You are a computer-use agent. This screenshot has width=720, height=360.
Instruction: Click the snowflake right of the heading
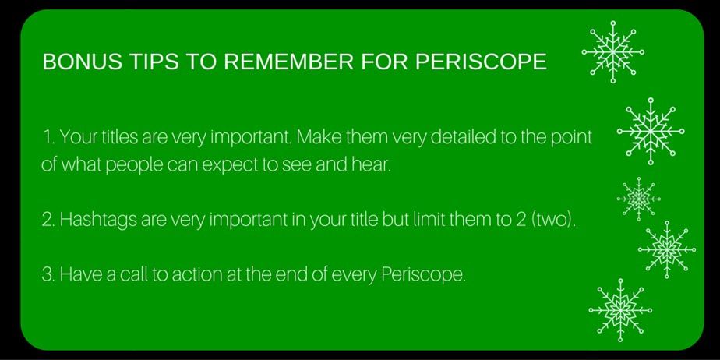pos(613,52)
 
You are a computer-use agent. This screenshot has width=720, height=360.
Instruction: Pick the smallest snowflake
pos(639,199)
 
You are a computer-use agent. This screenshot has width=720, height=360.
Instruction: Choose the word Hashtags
pos(98,220)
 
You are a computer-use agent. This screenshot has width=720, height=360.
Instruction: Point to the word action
pos(201,274)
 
